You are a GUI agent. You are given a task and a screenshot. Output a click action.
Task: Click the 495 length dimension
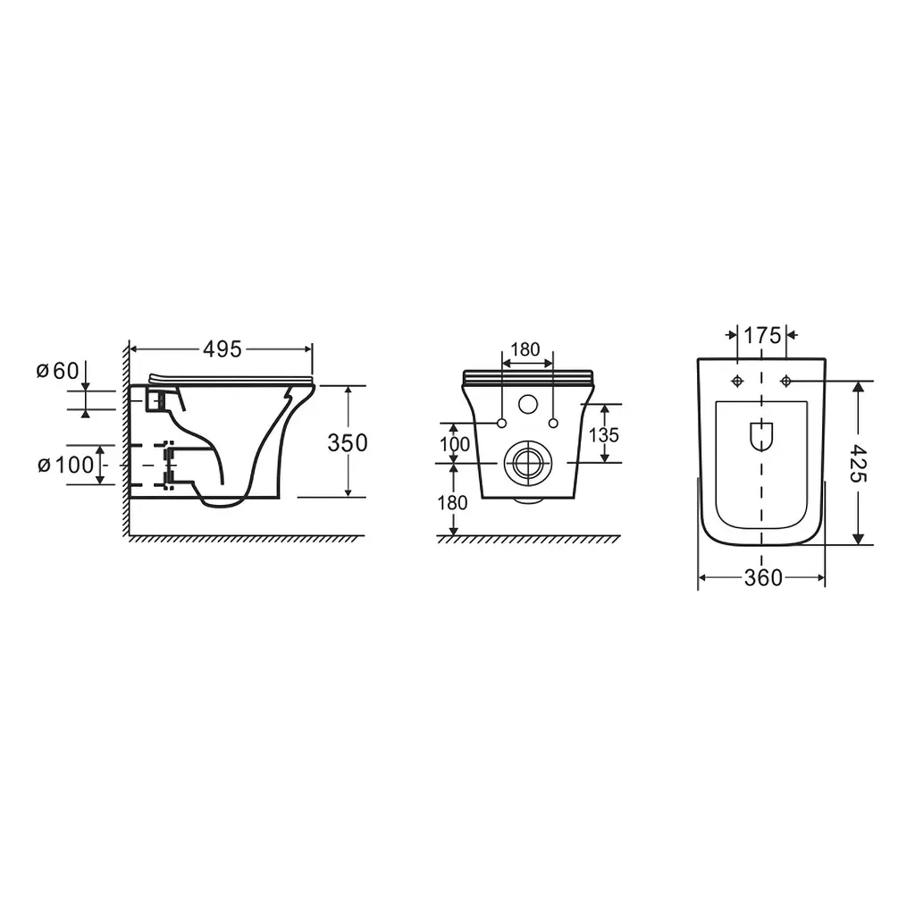click(222, 349)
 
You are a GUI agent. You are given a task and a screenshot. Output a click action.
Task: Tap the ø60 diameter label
click(57, 371)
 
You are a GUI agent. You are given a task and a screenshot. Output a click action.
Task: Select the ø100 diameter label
click(65, 465)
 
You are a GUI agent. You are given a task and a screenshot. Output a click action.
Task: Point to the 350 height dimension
click(348, 443)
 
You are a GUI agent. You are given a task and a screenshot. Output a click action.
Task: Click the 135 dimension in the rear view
click(604, 435)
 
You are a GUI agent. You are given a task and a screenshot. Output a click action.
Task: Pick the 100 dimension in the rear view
click(455, 444)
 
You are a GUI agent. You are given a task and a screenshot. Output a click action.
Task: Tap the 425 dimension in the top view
click(859, 463)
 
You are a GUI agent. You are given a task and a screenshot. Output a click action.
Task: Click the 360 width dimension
click(763, 578)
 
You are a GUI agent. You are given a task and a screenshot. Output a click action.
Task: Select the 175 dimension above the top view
click(762, 336)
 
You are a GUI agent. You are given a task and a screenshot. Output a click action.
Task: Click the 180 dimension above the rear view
click(525, 349)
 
